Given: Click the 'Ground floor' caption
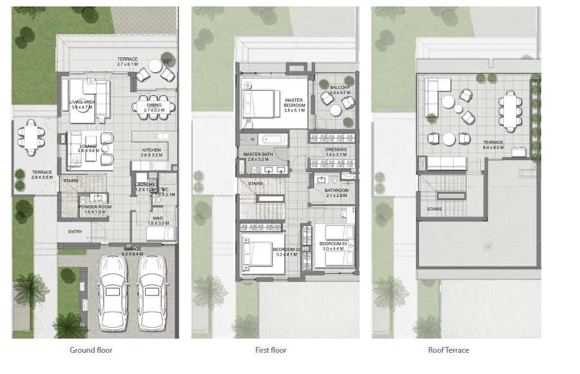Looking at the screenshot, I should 91,350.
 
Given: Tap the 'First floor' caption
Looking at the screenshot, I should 271,350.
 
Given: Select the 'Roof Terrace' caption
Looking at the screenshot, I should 449,350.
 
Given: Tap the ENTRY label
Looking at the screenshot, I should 75,232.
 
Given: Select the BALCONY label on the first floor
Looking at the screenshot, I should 340,89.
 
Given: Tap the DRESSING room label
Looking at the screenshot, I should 336,152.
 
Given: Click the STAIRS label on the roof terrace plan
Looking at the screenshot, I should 434,209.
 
